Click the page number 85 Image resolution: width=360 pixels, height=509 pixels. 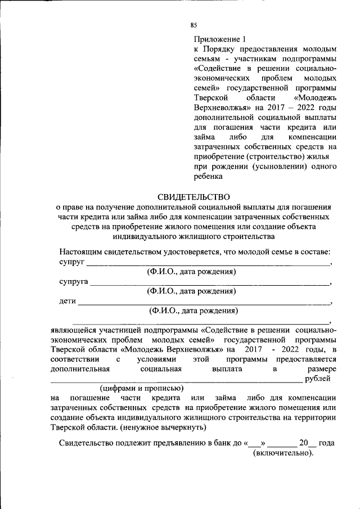[193, 25]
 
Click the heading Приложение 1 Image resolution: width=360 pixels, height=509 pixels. [220, 39]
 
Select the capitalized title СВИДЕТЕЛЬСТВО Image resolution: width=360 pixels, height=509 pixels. [193, 197]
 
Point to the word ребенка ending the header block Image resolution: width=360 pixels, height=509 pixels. [209, 177]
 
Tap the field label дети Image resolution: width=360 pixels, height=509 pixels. [67, 301]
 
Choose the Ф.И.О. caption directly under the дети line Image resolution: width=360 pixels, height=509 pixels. [193, 310]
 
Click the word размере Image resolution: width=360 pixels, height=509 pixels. [322, 369]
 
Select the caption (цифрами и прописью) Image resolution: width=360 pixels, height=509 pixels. [141, 389]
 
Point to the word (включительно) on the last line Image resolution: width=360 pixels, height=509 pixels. [283, 453]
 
